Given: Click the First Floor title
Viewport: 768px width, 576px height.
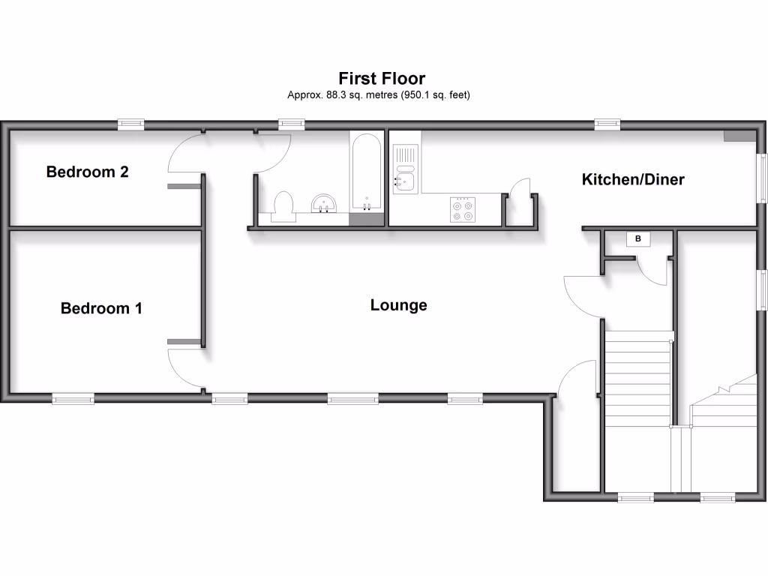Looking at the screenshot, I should (382, 78).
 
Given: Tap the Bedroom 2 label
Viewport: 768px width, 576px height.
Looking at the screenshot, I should (87, 172).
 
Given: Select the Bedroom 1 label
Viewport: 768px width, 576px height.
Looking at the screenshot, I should (101, 308).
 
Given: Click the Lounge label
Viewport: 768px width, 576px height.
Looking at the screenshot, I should (398, 305).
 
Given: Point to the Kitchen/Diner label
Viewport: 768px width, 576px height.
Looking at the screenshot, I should (633, 180).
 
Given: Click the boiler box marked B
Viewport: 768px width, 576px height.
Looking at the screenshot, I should (638, 239).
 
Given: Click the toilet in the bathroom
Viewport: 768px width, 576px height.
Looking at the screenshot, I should (283, 206).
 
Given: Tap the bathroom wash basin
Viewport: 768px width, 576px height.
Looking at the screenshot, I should (325, 203).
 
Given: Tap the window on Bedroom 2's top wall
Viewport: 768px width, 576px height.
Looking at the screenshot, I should (131, 124).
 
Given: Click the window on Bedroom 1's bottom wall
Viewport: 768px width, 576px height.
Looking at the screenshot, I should (73, 400).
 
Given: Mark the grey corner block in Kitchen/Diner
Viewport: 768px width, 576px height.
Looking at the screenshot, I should (739, 136).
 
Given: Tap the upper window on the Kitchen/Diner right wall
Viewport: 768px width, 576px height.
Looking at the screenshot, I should (762, 178).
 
